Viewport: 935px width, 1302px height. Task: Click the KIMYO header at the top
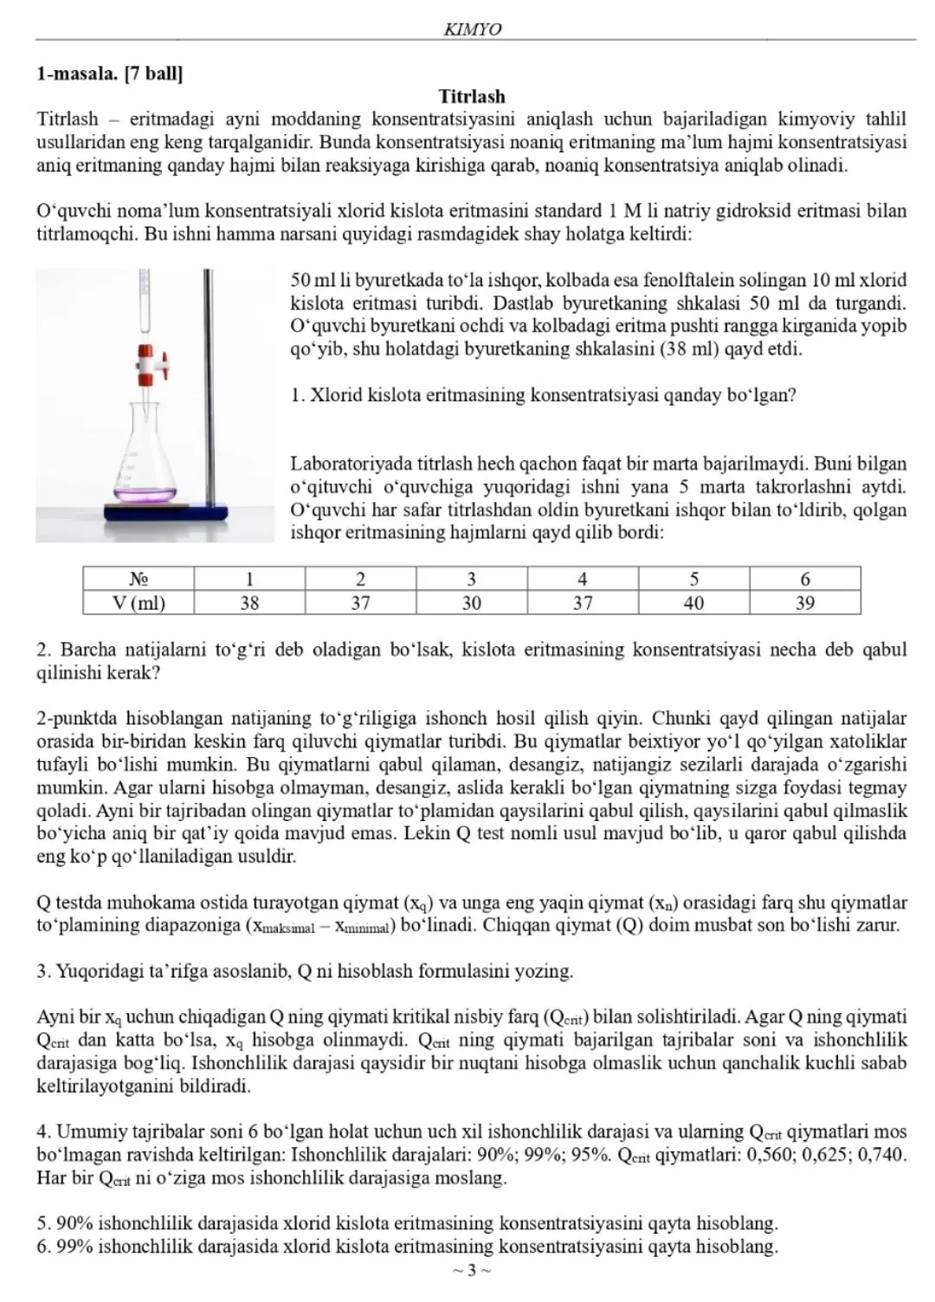(472, 29)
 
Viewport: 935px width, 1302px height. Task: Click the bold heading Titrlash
(472, 96)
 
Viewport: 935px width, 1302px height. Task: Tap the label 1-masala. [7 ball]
(109, 74)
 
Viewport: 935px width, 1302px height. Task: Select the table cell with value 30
(471, 602)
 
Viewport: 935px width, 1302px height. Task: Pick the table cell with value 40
(693, 602)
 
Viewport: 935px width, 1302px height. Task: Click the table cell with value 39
(805, 602)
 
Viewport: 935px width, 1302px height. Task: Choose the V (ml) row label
(139, 602)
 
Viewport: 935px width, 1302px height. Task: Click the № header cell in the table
(139, 579)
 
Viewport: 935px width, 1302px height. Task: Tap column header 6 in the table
(805, 579)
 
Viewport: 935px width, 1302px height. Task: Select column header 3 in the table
(471, 579)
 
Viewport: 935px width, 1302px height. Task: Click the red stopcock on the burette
(146, 365)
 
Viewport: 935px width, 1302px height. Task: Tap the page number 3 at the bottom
(472, 1270)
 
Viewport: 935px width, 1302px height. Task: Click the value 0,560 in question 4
(781, 1155)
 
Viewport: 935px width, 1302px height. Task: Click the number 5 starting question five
(42, 1224)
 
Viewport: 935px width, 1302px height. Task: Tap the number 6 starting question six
(42, 1247)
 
